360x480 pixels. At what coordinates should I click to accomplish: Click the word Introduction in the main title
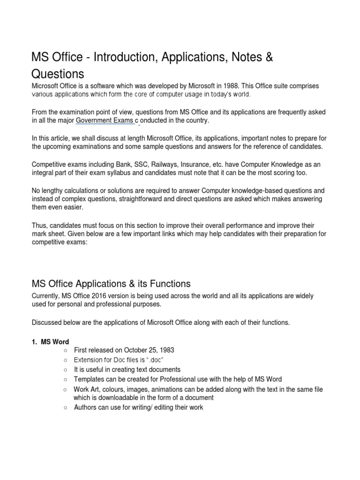[122, 58]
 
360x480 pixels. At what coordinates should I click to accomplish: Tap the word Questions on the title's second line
[58, 74]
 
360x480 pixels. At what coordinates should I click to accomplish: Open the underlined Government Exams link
[105, 120]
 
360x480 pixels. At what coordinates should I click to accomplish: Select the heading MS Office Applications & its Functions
[111, 284]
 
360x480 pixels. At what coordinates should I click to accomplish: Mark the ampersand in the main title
[269, 58]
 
